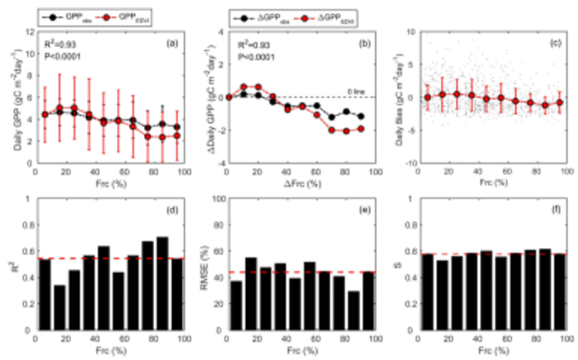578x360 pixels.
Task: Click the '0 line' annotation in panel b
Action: [x=355, y=91]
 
